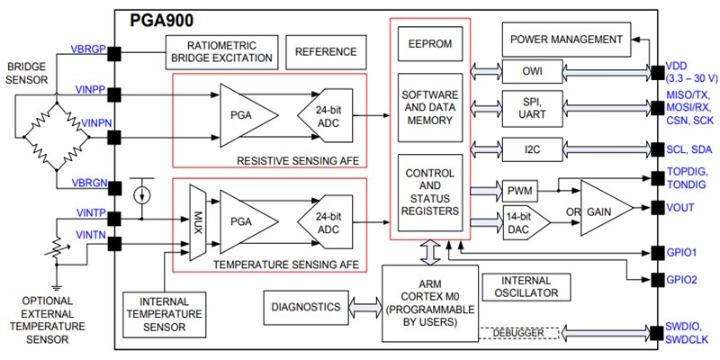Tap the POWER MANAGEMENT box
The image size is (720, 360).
565,40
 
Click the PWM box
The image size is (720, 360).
519,190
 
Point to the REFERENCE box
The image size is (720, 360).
327,52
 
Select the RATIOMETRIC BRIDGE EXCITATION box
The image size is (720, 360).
220,52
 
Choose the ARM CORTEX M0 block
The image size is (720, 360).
427,302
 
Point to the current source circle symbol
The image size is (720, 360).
141,193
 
